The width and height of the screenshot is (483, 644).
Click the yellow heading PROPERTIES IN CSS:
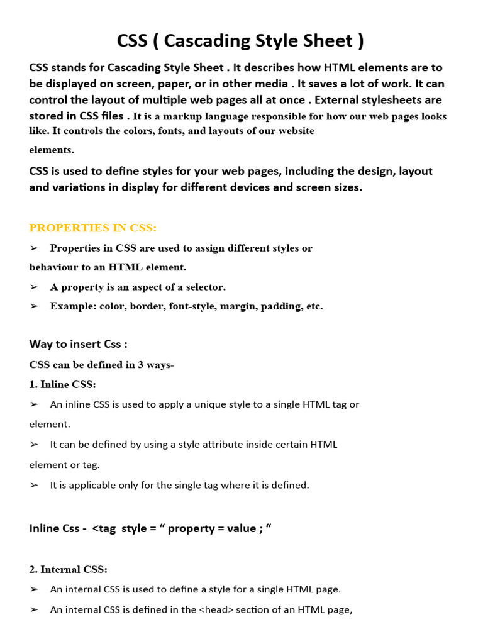93,228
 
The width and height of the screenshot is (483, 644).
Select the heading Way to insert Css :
79,344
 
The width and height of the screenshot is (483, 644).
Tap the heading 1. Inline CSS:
63,384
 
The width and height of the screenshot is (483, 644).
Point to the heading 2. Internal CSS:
69,569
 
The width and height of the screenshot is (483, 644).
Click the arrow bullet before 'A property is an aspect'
34,287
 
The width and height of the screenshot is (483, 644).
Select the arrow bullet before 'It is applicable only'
34,485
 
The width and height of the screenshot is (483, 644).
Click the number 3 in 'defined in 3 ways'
126,365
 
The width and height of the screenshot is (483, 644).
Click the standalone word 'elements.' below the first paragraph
52,150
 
